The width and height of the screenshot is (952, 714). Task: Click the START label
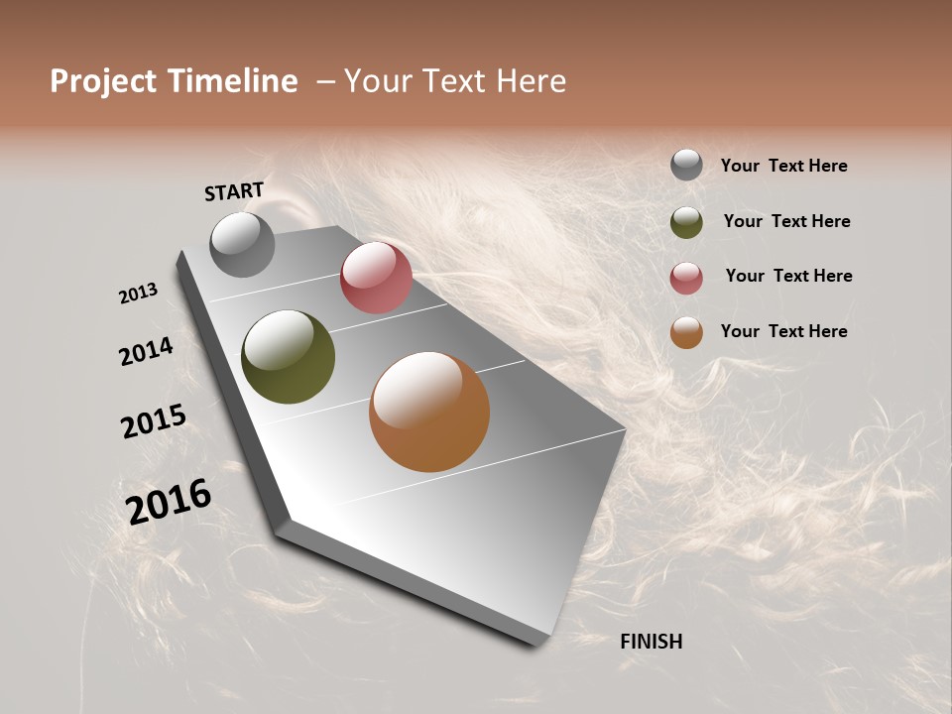234,191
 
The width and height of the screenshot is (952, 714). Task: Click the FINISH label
651,642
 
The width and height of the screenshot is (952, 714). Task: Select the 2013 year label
138,294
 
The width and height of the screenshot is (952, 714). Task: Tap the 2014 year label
146,352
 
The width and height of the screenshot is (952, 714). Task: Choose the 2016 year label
169,502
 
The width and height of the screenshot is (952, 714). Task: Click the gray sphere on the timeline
242,244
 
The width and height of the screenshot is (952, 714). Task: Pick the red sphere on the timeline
376,278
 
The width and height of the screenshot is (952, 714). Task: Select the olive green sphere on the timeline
289,357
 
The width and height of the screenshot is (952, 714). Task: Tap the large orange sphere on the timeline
429,412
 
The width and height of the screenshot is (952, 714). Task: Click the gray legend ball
686,165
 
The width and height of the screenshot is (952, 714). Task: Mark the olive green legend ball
686,222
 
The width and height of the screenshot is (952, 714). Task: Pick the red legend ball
686,278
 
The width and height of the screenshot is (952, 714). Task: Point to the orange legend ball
686,332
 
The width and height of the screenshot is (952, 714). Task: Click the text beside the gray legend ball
783,167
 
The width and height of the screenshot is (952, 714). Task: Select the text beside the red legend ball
788,276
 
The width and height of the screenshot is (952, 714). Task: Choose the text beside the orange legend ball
783,331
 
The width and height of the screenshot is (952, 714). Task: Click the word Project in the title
103,81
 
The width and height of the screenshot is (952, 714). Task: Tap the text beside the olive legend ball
786,221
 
